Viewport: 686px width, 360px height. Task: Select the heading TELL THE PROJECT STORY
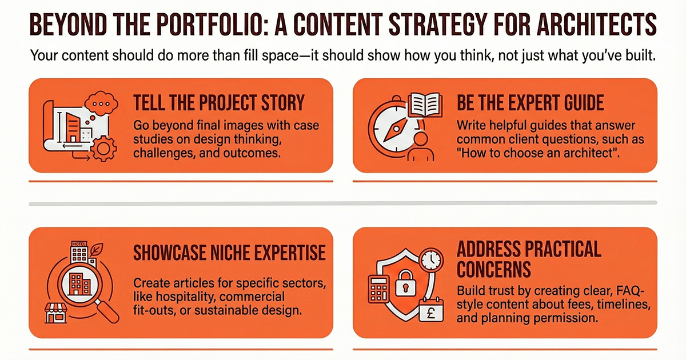tap(219, 103)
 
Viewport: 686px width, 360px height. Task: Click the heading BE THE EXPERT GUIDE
tap(531, 103)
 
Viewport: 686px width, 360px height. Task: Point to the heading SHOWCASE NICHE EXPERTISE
tap(229, 252)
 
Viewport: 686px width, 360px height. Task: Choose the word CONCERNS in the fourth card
tap(494, 268)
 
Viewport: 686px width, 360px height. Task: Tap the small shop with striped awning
tap(58, 314)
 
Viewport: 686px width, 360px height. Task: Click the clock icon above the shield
tap(430, 262)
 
